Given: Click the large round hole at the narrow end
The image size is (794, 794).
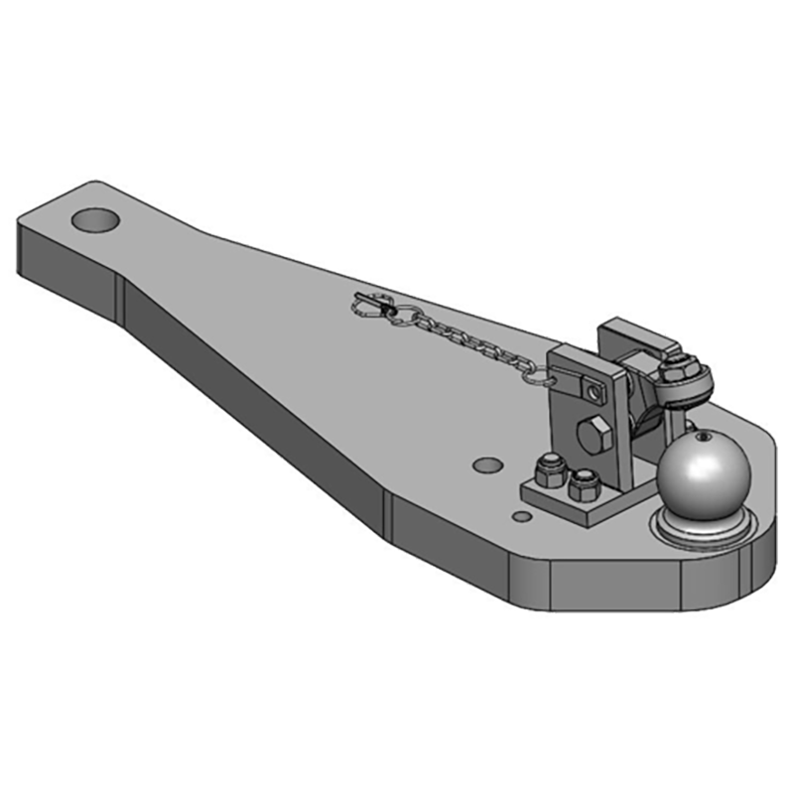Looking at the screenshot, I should pyautogui.click(x=96, y=218).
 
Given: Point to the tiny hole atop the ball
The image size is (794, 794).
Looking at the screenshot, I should pyautogui.click(x=700, y=435).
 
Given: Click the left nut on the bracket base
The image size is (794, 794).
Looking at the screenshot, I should pyautogui.click(x=548, y=468).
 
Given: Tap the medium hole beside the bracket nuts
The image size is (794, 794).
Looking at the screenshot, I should pyautogui.click(x=486, y=463).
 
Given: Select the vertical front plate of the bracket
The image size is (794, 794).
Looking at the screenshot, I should pyautogui.click(x=586, y=417).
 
